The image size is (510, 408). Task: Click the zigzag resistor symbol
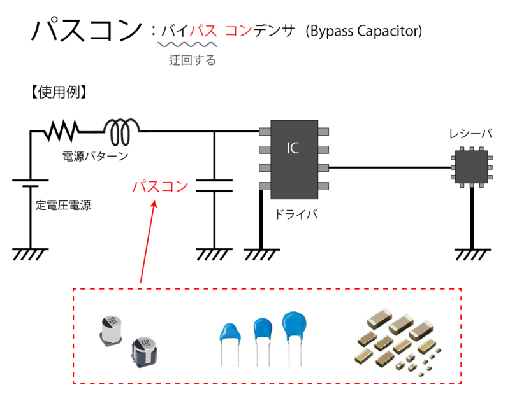coord(62,132)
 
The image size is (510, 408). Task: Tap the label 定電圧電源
coord(63,206)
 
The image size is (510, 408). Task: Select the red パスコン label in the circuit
coord(160,186)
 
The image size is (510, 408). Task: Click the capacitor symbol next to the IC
coord(214,185)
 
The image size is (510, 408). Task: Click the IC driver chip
coord(294,158)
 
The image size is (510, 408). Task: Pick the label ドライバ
coord(296,215)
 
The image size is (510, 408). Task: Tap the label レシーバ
coord(470,134)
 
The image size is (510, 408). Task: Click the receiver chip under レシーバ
coord(470,168)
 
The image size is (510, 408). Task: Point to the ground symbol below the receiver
coord(472,253)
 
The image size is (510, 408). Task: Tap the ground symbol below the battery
coord(30,253)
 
